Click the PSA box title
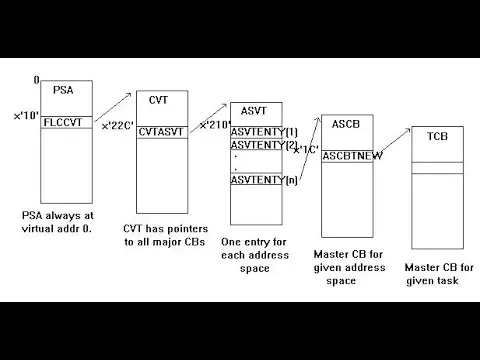pos(63,90)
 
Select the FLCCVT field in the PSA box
pos(63,122)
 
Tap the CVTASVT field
pos(161,132)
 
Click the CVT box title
pos(158,100)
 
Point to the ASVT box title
pos(254,111)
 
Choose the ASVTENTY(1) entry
pos(264,132)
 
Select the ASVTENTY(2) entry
pos(264,145)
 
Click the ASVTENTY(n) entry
pos(264,180)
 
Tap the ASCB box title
pos(346,124)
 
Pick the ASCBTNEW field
pos(352,156)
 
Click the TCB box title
pos(438,136)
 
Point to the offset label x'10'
pos(26,116)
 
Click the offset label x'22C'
pos(118,126)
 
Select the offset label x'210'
pos(215,125)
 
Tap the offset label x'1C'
pos(306,150)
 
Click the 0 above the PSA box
pos(36,80)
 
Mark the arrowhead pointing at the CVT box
pos(129,95)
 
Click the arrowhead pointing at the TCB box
pos(408,130)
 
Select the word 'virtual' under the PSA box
pos(35,229)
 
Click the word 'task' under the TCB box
pos(448,281)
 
